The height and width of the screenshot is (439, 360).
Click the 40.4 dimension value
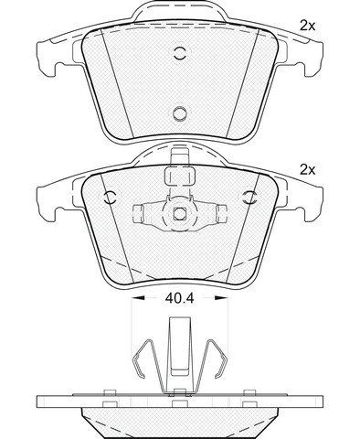[x=179, y=298]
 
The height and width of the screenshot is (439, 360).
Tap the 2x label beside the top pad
[x=307, y=27]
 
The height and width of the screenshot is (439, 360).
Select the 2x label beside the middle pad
[x=307, y=170]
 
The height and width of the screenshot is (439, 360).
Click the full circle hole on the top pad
[x=180, y=113]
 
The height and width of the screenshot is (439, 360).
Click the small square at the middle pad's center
[x=180, y=213]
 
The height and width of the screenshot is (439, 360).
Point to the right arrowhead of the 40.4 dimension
[x=220, y=298]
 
